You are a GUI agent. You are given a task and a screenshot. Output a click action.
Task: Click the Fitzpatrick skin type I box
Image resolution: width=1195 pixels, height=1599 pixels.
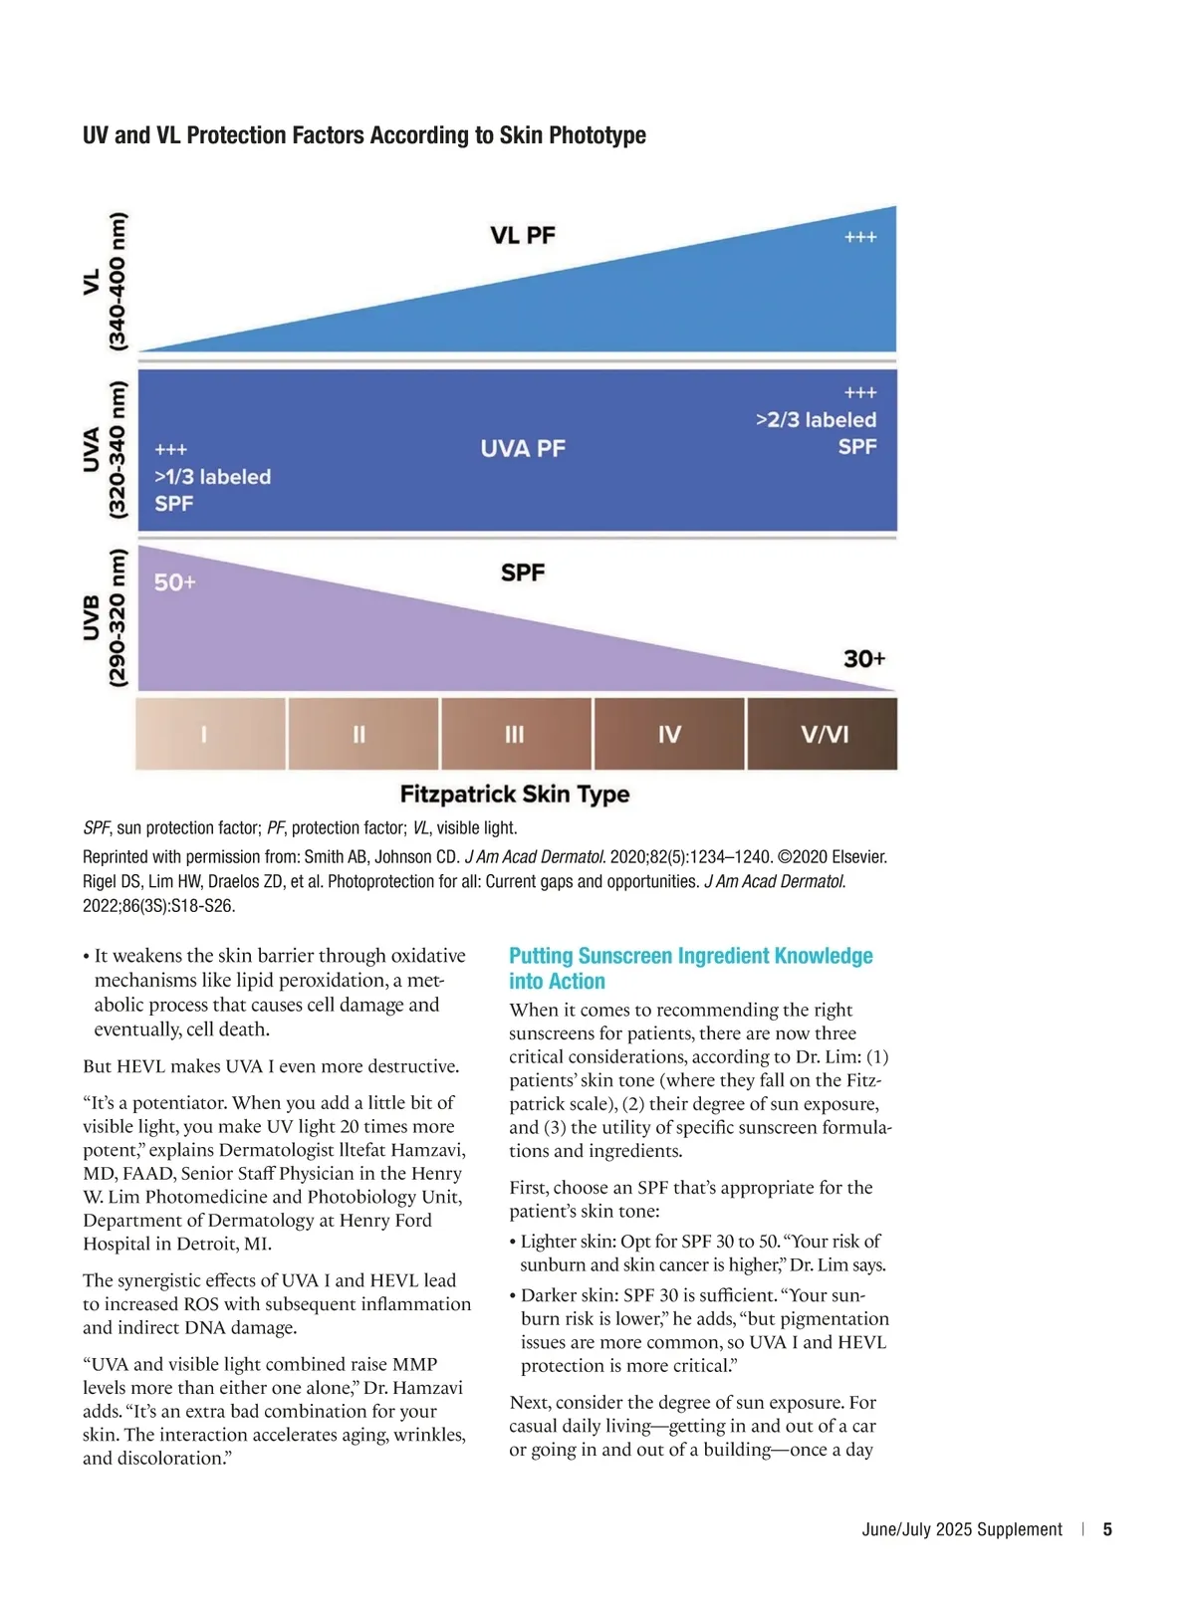(210, 734)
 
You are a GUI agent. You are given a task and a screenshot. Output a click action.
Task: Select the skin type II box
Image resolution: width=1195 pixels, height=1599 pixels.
(362, 734)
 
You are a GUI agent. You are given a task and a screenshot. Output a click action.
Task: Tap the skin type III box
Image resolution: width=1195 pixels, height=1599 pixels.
(515, 734)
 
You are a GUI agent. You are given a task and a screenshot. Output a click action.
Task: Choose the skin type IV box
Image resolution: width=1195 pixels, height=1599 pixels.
(669, 734)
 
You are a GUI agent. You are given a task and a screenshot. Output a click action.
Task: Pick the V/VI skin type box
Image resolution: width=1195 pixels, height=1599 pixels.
(824, 734)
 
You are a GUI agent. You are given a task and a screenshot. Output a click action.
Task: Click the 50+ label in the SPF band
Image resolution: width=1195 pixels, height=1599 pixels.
(175, 582)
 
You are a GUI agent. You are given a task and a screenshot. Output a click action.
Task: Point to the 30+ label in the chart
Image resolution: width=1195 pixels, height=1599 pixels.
(863, 659)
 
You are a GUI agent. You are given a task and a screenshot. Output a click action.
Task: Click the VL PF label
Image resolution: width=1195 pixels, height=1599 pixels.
(523, 236)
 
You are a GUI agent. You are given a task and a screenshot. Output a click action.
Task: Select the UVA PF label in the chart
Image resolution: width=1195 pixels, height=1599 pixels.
(523, 449)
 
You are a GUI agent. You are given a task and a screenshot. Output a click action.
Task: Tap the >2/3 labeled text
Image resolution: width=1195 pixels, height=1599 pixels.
(816, 420)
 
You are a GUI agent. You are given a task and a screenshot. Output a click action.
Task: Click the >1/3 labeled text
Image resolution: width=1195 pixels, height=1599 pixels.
(212, 477)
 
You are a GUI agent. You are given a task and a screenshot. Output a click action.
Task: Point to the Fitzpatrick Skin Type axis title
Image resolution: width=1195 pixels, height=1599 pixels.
(515, 795)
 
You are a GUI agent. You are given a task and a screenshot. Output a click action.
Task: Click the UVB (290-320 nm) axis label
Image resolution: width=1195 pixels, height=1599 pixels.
(105, 617)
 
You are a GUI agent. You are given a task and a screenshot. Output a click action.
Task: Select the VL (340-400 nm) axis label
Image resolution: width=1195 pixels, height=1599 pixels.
(105, 282)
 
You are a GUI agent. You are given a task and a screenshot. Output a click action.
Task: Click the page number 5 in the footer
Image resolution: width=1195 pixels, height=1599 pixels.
(1107, 1529)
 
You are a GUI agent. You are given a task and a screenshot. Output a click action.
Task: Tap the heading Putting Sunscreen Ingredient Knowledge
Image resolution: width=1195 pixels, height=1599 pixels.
(690, 957)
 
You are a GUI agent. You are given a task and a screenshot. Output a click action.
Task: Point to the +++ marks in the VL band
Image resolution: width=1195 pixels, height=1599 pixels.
(859, 237)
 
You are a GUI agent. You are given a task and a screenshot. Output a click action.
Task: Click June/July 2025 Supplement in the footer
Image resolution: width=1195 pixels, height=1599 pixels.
(962, 1529)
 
